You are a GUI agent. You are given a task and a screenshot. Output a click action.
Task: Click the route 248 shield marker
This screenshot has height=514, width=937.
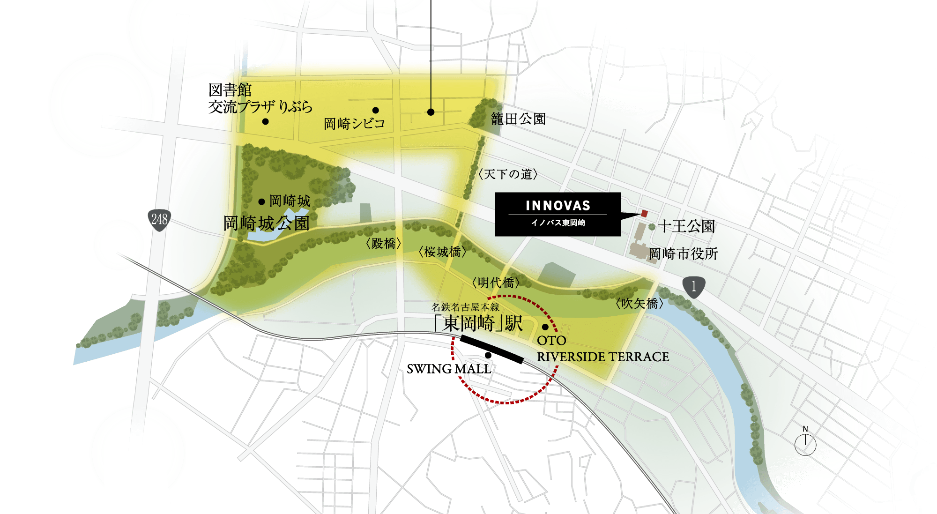(159, 219)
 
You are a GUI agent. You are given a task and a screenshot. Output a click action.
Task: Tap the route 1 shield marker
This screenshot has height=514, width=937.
(694, 286)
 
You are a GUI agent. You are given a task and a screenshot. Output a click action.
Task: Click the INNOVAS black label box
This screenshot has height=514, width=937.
(558, 214)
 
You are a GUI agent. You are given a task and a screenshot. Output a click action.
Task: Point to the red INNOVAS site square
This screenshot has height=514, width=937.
(644, 214)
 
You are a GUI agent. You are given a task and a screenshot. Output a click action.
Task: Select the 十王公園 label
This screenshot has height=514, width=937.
(686, 226)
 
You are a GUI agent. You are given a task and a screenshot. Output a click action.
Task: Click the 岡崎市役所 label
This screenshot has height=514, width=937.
(683, 254)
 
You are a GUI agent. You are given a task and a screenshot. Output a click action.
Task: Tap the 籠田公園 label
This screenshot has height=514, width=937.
(518, 119)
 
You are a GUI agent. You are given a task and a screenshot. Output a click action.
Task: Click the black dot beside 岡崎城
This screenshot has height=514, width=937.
(261, 202)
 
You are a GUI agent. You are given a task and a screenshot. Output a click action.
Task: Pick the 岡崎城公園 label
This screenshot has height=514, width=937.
(266, 223)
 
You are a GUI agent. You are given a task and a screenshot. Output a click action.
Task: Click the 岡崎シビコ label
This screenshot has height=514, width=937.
(354, 124)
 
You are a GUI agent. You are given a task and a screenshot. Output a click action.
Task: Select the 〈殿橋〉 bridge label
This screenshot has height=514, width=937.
(383, 244)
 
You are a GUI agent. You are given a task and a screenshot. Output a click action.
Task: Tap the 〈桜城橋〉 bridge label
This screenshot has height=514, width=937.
(442, 252)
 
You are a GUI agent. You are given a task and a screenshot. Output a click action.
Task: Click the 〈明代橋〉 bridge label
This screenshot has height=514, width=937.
(496, 283)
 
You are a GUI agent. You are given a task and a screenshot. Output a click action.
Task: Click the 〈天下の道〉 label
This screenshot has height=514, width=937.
(508, 174)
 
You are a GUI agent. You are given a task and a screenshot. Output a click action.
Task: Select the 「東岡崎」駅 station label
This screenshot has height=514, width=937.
(478, 323)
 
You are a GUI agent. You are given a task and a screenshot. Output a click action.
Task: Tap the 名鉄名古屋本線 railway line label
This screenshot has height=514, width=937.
(465, 307)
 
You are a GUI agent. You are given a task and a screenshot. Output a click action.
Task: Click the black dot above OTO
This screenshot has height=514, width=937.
(545, 327)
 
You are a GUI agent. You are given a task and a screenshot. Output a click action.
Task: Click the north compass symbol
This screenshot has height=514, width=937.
(805, 443)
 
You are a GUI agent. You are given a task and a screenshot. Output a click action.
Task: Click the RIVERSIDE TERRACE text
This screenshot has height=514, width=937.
(602, 357)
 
